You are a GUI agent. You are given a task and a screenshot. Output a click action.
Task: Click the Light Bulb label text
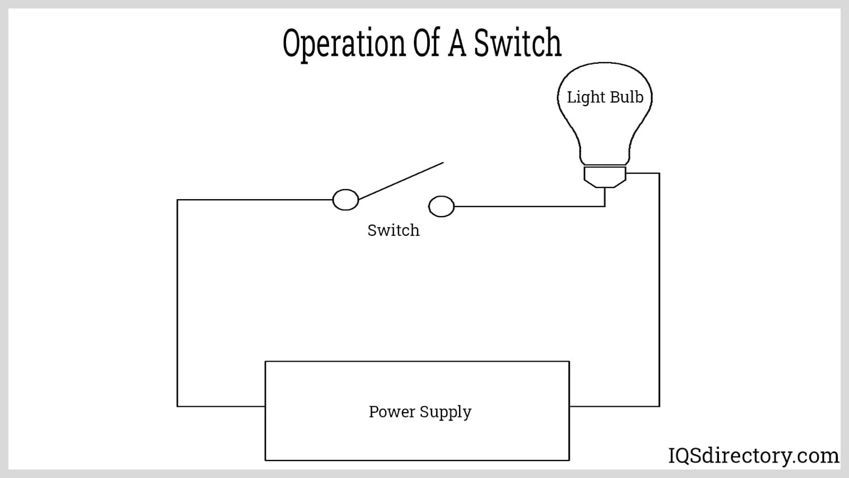click(x=605, y=97)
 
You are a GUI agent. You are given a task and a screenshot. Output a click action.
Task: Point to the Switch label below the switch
click(x=393, y=230)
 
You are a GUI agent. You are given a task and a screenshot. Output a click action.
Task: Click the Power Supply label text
click(x=420, y=412)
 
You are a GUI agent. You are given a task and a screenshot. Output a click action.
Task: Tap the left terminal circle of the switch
click(x=345, y=200)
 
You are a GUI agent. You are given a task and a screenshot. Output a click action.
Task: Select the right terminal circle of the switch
click(x=441, y=206)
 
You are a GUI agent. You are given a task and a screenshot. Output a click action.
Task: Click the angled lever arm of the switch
click(x=401, y=181)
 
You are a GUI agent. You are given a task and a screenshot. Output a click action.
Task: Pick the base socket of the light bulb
click(x=605, y=176)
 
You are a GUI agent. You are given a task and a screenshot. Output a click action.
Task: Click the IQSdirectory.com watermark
click(x=753, y=456)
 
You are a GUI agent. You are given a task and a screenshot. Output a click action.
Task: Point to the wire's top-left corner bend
click(x=177, y=200)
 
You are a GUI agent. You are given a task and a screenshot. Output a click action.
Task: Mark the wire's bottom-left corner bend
click(x=177, y=406)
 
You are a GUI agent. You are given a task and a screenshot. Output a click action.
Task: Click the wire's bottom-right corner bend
click(x=659, y=406)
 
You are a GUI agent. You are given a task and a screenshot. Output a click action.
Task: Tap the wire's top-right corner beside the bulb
click(x=659, y=173)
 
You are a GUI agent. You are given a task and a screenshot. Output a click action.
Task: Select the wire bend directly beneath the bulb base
click(x=605, y=206)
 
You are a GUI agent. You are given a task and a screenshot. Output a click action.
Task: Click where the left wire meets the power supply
click(x=265, y=406)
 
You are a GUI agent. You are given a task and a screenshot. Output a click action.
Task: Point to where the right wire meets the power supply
click(x=569, y=406)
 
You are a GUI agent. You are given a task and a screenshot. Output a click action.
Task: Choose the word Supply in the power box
click(x=446, y=412)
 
